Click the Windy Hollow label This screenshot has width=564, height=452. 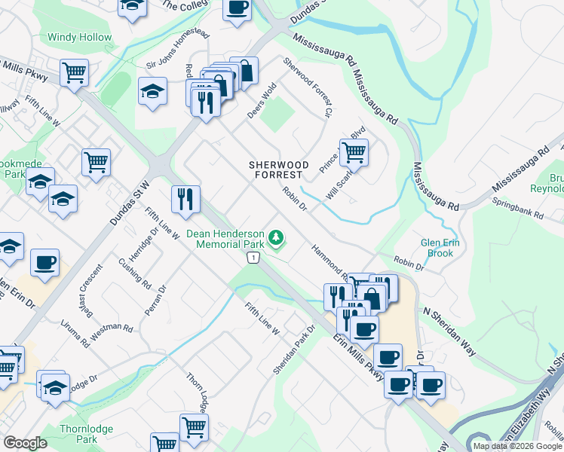pos(79,37)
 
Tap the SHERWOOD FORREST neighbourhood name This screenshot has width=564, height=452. pos(280,169)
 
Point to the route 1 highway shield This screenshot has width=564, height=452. pos(254,258)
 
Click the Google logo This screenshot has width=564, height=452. pos(25,443)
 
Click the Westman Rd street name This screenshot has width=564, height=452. pos(112,332)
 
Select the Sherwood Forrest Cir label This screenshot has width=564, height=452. pos(308,87)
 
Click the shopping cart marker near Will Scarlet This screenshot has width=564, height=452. pos(354,153)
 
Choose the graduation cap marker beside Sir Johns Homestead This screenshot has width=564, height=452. pos(153,92)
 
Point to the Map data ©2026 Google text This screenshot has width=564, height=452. pos(517,445)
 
